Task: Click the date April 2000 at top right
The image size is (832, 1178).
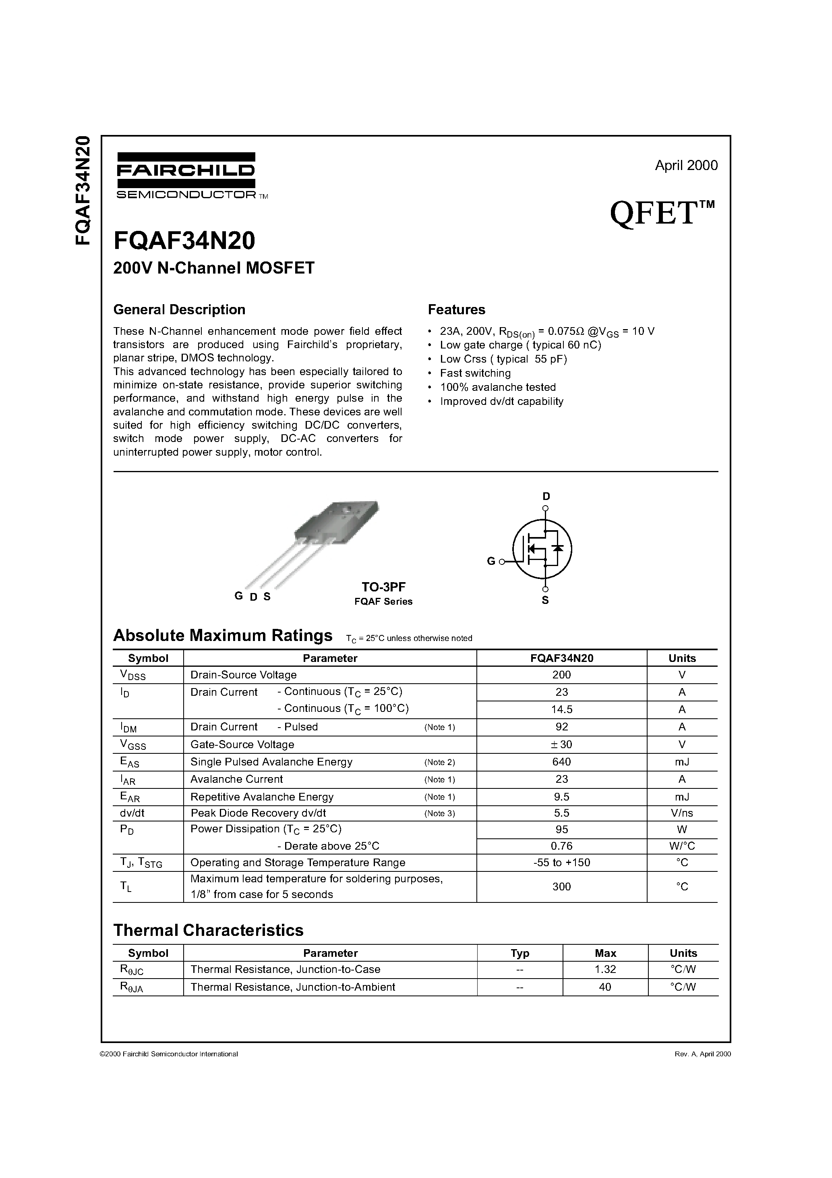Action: click(686, 165)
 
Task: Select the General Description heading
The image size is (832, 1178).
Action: click(179, 310)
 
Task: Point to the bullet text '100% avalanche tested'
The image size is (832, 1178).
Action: click(498, 388)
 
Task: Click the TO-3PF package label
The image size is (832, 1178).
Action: click(383, 587)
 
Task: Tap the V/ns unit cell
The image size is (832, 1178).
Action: click(682, 813)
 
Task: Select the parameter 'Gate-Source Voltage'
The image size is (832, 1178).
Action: click(242, 745)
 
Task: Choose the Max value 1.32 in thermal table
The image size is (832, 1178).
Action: click(605, 969)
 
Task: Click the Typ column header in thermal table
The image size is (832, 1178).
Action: click(519, 953)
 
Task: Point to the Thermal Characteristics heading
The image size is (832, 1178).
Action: click(208, 931)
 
